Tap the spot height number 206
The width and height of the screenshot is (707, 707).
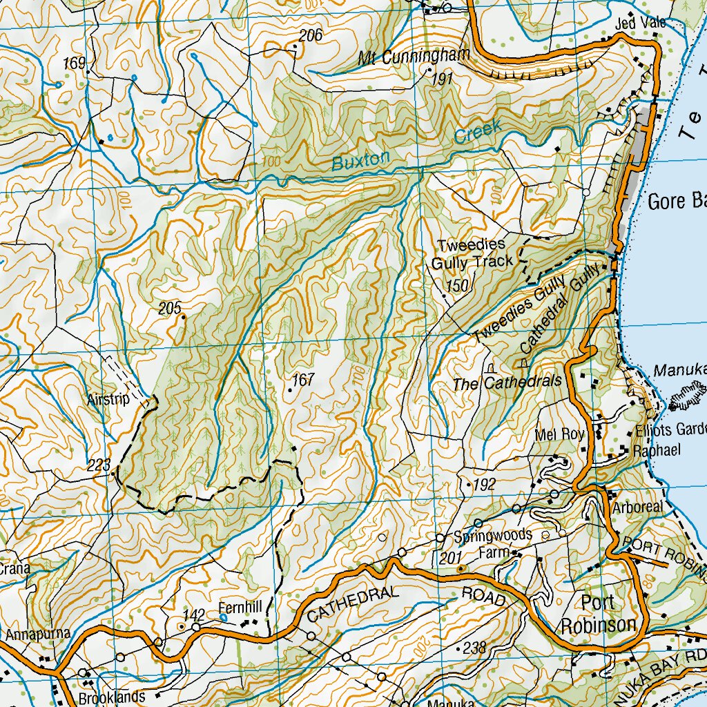coord(311,36)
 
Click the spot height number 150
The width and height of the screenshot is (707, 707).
coord(457,285)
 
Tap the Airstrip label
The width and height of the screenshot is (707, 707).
coord(108,399)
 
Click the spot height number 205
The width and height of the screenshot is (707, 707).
coord(169,308)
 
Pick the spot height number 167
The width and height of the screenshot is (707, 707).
coord(303,380)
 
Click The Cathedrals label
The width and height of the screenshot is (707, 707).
coord(508,383)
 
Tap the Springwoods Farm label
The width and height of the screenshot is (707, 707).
coord(493,543)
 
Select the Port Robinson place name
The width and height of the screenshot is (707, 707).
coord(597,614)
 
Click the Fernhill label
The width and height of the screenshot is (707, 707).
coord(240,608)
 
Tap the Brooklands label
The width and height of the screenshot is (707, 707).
coord(112,697)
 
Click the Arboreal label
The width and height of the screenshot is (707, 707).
coord(637,507)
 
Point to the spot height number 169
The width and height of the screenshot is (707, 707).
coord(74,64)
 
